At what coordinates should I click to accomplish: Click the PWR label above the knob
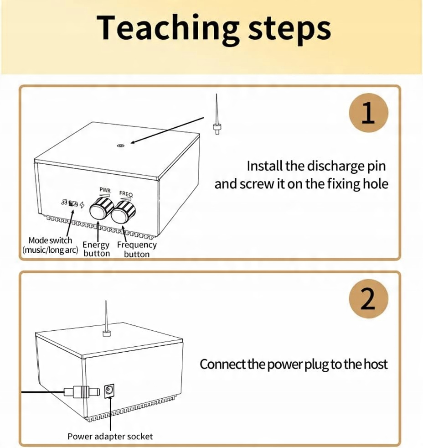pyautogui.click(x=105, y=189)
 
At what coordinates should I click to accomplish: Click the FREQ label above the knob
pyautogui.click(x=126, y=193)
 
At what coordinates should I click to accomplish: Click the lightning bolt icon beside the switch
pyautogui.click(x=82, y=205)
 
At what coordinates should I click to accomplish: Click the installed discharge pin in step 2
pyautogui.click(x=106, y=319)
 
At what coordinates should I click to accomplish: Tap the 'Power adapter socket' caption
pyautogui.click(x=110, y=436)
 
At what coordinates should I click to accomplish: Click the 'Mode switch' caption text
pyautogui.click(x=50, y=240)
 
